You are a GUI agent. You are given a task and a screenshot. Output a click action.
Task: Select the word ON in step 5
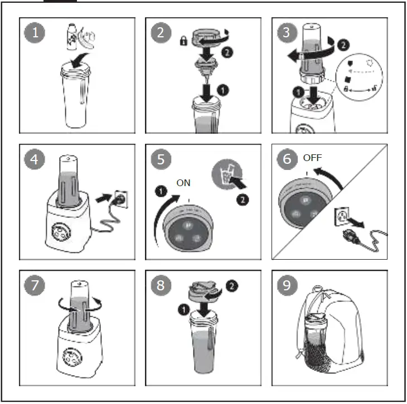(x=183, y=183)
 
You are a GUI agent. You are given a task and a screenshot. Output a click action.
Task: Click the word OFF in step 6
(x=312, y=158)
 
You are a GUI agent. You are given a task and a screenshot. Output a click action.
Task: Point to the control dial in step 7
(x=70, y=356)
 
